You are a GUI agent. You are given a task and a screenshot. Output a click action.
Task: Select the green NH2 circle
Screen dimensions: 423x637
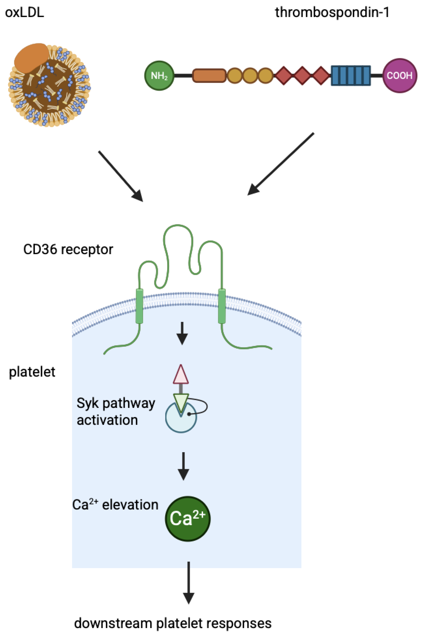(x=159, y=76)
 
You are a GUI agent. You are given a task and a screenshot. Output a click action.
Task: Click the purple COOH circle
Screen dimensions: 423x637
(x=400, y=76)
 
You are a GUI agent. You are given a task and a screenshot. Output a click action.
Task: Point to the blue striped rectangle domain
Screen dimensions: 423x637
(x=351, y=76)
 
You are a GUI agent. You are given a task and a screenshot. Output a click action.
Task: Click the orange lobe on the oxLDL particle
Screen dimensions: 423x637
(x=32, y=58)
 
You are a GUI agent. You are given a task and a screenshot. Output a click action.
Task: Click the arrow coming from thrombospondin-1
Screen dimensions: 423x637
(x=281, y=164)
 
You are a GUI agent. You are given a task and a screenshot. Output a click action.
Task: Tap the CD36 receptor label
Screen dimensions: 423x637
(x=68, y=250)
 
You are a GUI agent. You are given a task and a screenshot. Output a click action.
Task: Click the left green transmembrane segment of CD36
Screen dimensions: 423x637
(x=139, y=306)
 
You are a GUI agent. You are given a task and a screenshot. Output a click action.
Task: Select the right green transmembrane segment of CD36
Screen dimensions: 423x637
(x=222, y=306)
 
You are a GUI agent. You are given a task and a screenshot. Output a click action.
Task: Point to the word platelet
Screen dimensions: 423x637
(x=32, y=372)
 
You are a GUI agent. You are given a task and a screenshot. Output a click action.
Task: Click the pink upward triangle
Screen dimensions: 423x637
(x=181, y=374)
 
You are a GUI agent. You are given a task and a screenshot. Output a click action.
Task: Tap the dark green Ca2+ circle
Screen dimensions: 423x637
(x=188, y=519)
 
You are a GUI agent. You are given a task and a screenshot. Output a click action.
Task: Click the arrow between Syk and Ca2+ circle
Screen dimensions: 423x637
(x=183, y=466)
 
